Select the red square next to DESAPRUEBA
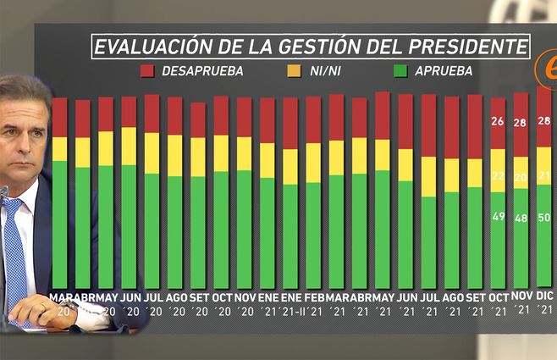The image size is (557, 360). click(147, 71)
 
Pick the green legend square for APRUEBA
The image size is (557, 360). click(401, 71)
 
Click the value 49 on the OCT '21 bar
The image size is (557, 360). click(498, 217)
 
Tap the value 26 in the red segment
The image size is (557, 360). click(498, 121)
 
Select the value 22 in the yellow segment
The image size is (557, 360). click(498, 175)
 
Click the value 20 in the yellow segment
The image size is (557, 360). click(520, 177)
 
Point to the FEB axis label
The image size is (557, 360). click(313, 299)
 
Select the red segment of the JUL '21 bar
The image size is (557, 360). click(429, 125)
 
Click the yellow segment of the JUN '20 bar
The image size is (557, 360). click(129, 146)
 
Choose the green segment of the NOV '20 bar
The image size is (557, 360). click(244, 229)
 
